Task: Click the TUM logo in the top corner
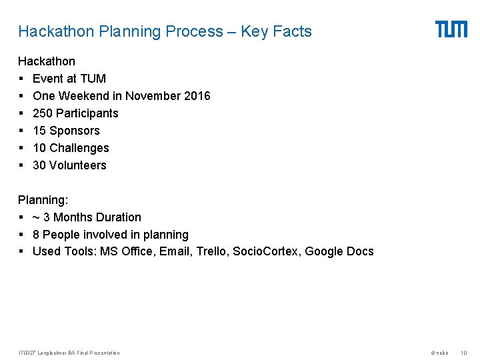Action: click(x=451, y=29)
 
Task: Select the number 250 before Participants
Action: click(x=42, y=113)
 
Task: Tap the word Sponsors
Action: click(x=75, y=131)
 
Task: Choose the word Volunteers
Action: click(x=78, y=165)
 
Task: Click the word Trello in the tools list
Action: click(x=213, y=252)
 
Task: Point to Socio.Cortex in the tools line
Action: click(x=265, y=252)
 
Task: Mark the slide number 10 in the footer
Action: click(x=464, y=353)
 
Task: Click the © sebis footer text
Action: click(x=439, y=353)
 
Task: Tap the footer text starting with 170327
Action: click(x=69, y=353)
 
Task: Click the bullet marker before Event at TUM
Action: click(x=21, y=79)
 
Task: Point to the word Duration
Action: click(x=118, y=217)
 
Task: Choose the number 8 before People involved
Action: click(x=36, y=235)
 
